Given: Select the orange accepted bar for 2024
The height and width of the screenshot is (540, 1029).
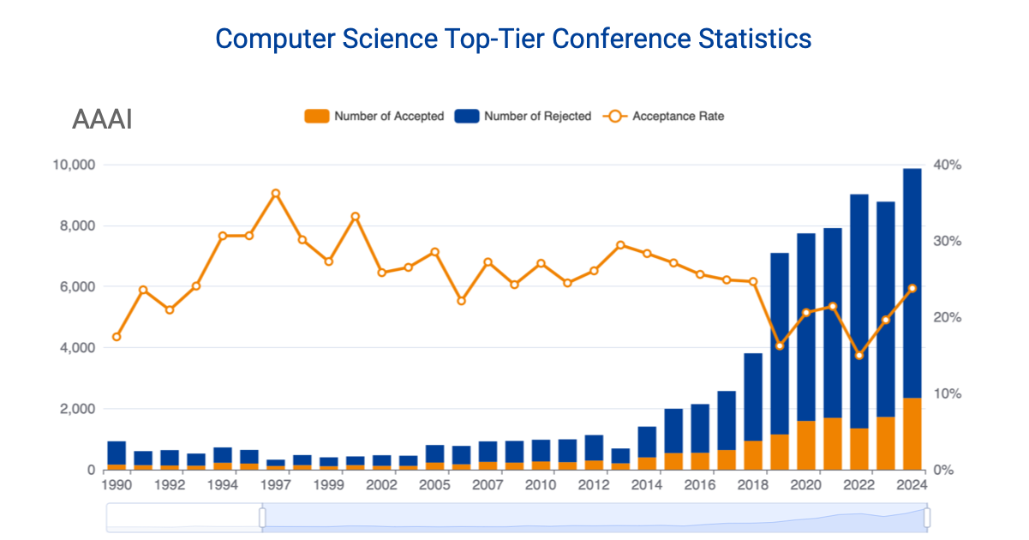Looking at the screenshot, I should click(x=912, y=434).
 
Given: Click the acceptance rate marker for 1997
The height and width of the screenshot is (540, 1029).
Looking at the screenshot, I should click(x=276, y=194).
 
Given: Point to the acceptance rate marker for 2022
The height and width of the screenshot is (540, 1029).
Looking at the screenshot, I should click(x=859, y=355).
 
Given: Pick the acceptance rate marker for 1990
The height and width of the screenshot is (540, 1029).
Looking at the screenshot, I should click(x=117, y=337).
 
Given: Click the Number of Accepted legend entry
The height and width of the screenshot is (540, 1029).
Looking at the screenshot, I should click(x=374, y=116).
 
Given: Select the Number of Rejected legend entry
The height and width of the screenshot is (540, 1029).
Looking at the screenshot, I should click(x=523, y=116).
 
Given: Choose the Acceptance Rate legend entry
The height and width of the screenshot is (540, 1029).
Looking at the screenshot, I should click(x=664, y=116).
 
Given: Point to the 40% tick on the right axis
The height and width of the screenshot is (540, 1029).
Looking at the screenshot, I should click(x=948, y=165).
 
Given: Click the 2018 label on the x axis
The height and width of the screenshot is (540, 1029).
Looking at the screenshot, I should click(x=752, y=484).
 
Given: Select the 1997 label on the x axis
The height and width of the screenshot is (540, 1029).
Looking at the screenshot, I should click(x=276, y=484).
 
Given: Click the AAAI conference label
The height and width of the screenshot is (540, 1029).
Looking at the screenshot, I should click(x=102, y=120).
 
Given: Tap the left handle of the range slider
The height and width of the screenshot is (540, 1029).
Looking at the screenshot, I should click(x=262, y=518).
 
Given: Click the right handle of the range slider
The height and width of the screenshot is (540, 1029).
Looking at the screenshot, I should click(x=926, y=518).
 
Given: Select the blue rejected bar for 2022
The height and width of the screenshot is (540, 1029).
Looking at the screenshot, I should click(x=859, y=309).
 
